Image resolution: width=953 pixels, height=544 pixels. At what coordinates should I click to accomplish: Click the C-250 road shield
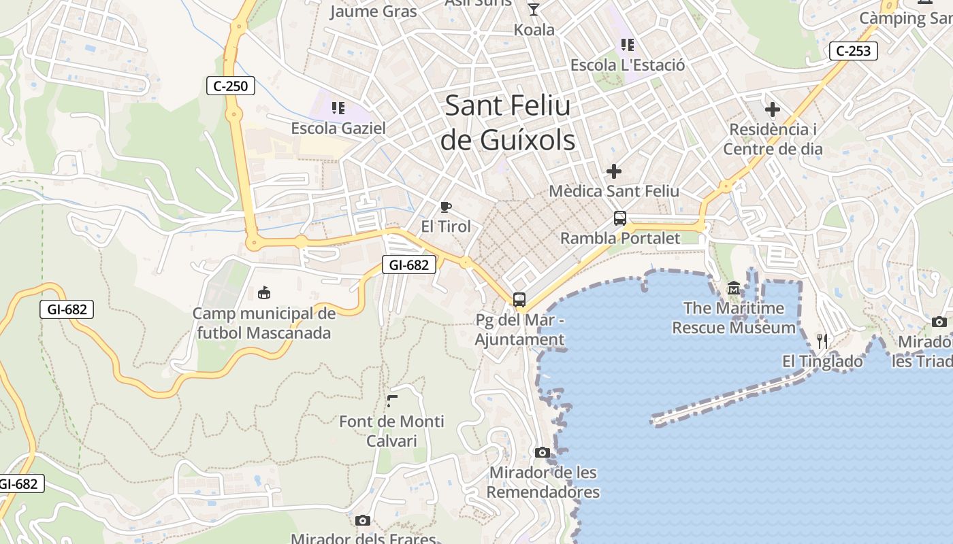(x=231, y=86)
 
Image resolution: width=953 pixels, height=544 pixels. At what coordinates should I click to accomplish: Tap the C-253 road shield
(x=854, y=51)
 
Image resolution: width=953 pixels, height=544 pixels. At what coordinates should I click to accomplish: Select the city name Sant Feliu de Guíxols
(x=508, y=122)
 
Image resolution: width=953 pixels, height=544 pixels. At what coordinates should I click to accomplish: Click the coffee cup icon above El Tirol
(x=446, y=207)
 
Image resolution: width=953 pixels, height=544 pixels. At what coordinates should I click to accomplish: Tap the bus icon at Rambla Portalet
(x=619, y=218)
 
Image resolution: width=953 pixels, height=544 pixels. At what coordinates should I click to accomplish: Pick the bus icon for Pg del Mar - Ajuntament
(x=519, y=299)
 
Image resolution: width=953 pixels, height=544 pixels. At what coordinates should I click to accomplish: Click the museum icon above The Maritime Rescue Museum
(x=734, y=288)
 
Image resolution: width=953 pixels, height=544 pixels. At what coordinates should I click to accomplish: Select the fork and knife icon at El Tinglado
(x=822, y=341)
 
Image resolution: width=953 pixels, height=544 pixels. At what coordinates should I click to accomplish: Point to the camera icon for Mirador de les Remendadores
(x=543, y=452)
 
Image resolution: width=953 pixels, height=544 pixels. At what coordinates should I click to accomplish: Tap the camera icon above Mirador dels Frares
(x=363, y=520)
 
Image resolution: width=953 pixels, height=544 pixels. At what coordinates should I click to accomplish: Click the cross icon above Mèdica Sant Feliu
(x=614, y=171)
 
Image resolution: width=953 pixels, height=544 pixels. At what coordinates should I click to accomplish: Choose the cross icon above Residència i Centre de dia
(x=773, y=109)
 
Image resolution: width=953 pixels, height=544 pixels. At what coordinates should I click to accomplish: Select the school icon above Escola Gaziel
(x=338, y=108)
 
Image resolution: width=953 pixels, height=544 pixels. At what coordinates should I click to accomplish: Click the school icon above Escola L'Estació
(x=628, y=45)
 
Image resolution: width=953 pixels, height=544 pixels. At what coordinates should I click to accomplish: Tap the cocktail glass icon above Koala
(x=534, y=9)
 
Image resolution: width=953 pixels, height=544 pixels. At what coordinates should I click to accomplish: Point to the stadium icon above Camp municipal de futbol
(x=264, y=293)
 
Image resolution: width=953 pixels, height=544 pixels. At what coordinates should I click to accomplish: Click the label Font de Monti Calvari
(x=391, y=431)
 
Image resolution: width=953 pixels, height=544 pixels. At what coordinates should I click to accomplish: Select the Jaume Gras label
(x=373, y=11)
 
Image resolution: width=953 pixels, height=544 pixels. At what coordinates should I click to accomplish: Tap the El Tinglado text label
(x=822, y=361)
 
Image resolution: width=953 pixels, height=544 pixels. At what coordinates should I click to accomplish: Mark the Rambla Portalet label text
(x=619, y=238)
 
